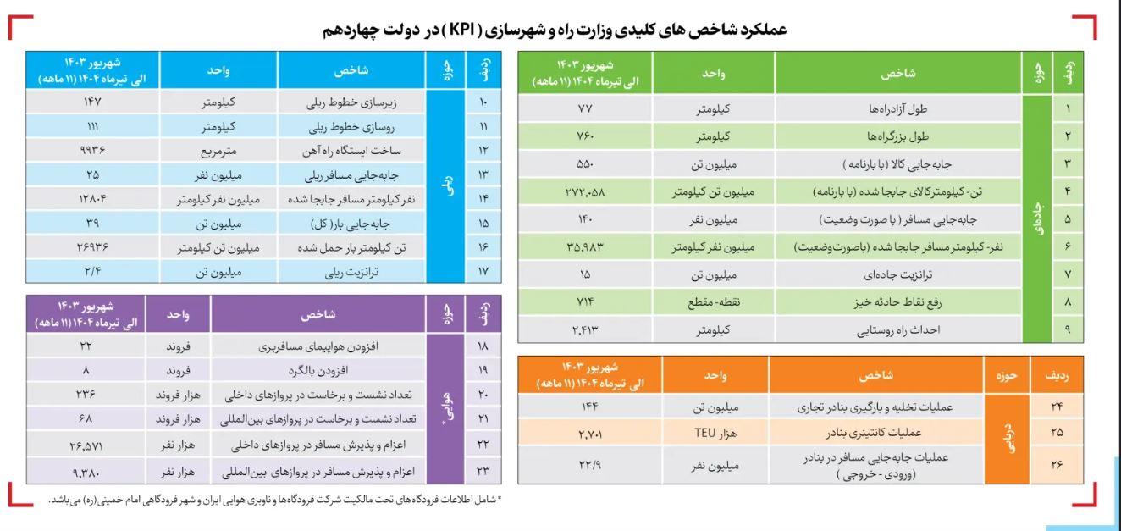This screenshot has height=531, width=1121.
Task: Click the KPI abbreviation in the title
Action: tap(465, 30)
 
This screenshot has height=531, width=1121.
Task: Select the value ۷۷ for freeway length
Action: tap(585, 108)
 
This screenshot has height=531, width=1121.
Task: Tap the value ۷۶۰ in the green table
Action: tap(585, 136)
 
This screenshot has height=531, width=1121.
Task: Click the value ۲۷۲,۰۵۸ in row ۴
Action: tap(585, 191)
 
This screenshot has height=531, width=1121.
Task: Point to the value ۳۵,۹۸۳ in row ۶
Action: tap(585, 246)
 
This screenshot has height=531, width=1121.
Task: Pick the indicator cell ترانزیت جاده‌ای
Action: tap(897, 274)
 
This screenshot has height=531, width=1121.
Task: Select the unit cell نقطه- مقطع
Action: tap(714, 302)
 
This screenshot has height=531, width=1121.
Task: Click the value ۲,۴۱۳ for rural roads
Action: tap(585, 330)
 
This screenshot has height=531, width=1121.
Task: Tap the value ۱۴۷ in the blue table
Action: tap(92, 102)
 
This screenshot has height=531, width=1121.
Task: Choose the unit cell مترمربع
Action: tap(218, 151)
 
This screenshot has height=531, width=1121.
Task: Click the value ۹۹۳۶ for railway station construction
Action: tap(92, 150)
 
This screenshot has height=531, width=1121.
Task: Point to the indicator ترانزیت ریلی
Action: tap(351, 272)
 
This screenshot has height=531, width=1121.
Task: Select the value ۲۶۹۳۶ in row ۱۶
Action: tap(92, 247)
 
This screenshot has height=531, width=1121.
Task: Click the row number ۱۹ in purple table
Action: tap(483, 370)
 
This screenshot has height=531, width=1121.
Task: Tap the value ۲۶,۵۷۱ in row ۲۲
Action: tap(86, 445)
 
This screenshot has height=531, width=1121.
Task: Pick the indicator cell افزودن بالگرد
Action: tap(318, 371)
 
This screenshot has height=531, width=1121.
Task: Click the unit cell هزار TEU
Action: tap(715, 433)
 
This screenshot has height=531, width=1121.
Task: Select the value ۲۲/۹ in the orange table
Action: tap(590, 465)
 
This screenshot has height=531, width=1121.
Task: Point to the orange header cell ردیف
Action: tap(1057, 375)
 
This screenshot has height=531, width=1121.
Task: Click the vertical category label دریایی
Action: tap(1008, 439)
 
